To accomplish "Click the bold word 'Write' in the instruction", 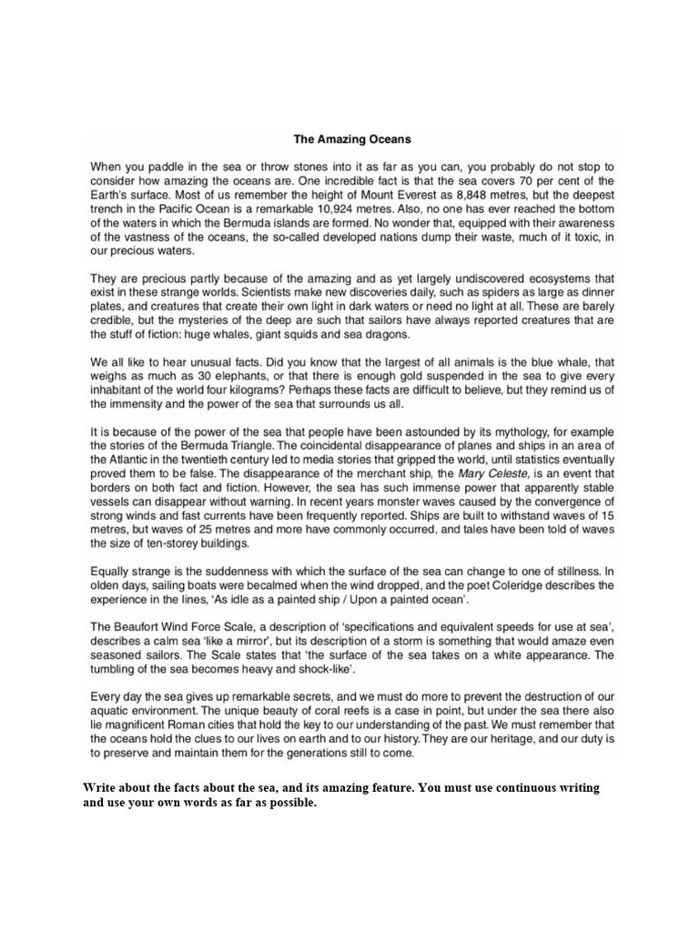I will pyautogui.click(x=100, y=787).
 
